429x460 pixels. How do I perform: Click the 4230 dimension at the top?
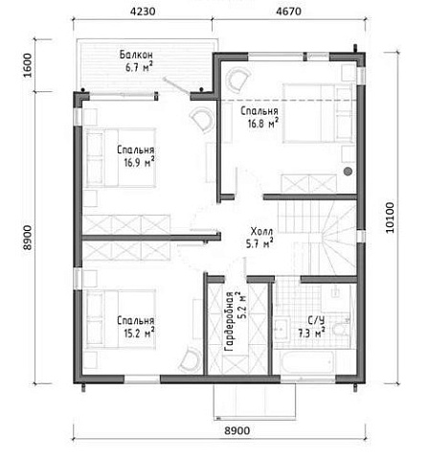[x=143, y=11]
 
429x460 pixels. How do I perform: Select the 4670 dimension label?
[x=288, y=11]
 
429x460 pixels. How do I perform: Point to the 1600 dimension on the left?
[x=28, y=65]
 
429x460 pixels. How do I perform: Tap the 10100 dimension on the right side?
[x=390, y=218]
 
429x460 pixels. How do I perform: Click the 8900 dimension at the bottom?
[x=237, y=430]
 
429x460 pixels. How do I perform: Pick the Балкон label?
[x=136, y=55]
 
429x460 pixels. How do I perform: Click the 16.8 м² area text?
[x=262, y=124]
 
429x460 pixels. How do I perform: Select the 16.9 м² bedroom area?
[x=140, y=163]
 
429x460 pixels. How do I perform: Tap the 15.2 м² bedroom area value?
[x=140, y=333]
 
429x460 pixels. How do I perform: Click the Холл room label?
[x=261, y=231]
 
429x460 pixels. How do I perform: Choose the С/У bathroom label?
[x=316, y=320]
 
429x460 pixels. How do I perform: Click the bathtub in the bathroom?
[x=308, y=361]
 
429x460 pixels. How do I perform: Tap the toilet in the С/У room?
[x=340, y=330]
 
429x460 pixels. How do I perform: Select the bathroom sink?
[x=282, y=327]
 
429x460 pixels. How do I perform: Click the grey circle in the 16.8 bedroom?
[x=348, y=172]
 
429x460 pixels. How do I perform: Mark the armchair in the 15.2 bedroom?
[x=191, y=360]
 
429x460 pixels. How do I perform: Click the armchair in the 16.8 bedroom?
[x=237, y=79]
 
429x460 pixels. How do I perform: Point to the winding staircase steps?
[x=338, y=237]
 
